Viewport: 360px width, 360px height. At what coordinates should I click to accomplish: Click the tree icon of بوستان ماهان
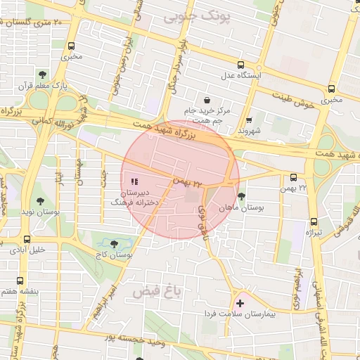(242, 196)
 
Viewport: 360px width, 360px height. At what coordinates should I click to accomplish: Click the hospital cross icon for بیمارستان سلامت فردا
(240, 303)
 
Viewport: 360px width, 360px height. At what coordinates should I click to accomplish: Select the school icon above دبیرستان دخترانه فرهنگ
(135, 182)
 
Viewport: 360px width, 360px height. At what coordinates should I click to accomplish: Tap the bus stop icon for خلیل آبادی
(27, 239)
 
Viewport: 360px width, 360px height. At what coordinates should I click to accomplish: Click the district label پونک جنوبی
(191, 16)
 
